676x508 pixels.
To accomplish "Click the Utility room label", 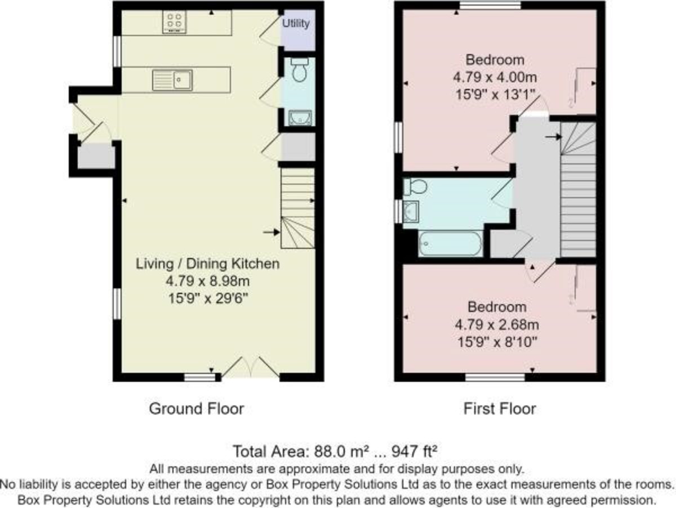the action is (x=296, y=24).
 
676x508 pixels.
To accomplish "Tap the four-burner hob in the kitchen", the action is (x=174, y=21).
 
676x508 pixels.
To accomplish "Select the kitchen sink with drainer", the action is (x=172, y=81).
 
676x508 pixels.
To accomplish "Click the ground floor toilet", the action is (x=299, y=70).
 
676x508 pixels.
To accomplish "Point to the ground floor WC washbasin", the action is (x=300, y=118).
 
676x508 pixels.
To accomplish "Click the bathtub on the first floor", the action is (x=450, y=243).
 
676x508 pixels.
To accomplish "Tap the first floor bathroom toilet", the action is (x=415, y=186).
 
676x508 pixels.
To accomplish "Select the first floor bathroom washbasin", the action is (x=411, y=211).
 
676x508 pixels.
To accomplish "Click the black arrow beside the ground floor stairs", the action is (x=272, y=232).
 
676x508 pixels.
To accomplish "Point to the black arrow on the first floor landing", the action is (x=553, y=136).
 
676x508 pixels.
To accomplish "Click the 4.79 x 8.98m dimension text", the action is (x=207, y=281).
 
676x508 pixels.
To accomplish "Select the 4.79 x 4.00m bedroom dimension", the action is (x=495, y=77).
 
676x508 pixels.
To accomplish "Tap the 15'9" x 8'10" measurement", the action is (x=497, y=342).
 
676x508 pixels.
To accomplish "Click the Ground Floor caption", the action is (x=197, y=409).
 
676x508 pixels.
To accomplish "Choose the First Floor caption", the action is (x=500, y=409).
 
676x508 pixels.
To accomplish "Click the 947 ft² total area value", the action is (x=414, y=452).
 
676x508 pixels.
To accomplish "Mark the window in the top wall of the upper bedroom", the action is (x=490, y=6).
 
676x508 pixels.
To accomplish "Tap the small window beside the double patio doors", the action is (x=199, y=377).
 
